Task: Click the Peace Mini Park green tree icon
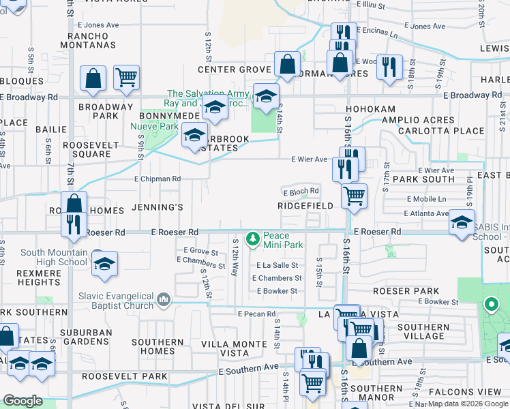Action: [x=253, y=238]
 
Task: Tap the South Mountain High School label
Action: [x=54, y=257]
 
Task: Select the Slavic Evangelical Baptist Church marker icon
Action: [x=163, y=299]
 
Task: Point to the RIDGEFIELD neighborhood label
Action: [x=305, y=205]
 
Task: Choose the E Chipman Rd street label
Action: [x=157, y=179]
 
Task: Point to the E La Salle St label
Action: [x=277, y=265]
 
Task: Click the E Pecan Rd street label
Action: [x=256, y=314]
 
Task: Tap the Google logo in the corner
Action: [x=22, y=401]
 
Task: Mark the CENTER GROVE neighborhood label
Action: [x=235, y=70]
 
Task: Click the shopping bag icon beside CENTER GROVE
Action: [x=288, y=65]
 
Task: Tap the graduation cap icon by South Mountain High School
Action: [x=104, y=264]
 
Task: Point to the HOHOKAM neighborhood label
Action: [x=370, y=108]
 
